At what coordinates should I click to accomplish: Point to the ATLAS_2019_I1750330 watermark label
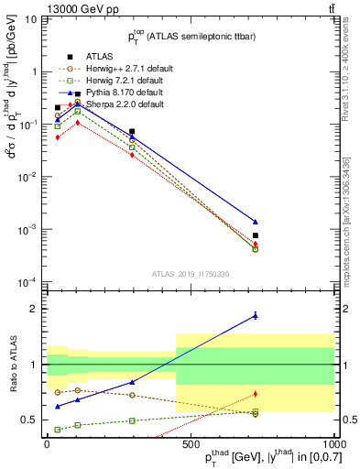(190, 273)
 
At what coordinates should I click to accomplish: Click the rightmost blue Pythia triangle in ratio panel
(256, 315)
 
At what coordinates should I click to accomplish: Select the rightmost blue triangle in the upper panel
(256, 222)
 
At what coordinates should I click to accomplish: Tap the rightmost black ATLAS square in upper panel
(256, 235)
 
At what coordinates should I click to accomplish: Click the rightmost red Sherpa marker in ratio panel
(256, 394)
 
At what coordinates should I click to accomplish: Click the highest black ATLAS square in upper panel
(77, 93)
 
